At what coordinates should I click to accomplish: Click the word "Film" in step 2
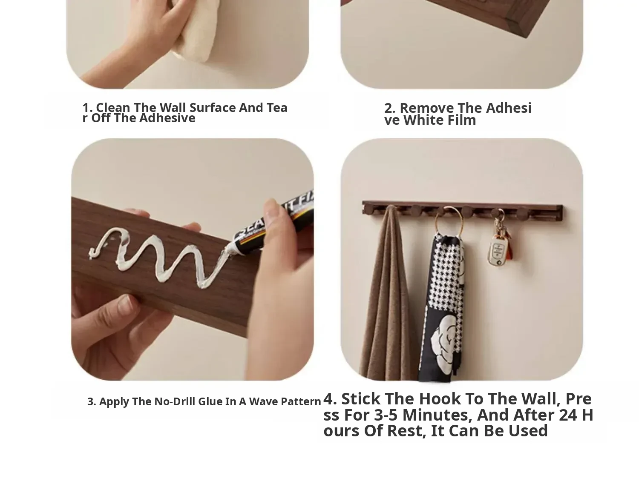tap(461, 120)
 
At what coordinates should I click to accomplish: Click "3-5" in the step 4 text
tap(386, 415)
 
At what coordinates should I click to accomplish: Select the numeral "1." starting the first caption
tap(87, 108)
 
